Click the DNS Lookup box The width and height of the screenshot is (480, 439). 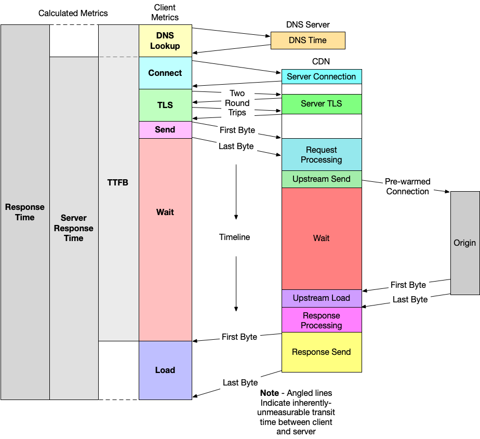click(165, 41)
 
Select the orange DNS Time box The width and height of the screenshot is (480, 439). click(308, 40)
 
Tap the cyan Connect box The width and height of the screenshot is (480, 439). click(165, 73)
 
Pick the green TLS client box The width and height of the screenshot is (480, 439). click(165, 105)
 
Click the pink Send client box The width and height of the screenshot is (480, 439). click(165, 129)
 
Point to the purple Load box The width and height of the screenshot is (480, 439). click(165, 370)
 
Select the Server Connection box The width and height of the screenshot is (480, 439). click(322, 76)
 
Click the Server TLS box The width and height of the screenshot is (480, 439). click(322, 103)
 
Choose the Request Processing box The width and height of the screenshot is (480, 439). click(322, 154)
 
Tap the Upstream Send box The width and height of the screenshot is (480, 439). click(322, 179)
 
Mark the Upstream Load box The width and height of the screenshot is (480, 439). click(322, 298)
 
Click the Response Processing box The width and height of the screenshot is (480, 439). click(322, 320)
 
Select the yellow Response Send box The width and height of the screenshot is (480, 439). click(322, 352)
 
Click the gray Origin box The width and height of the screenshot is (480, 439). click(464, 243)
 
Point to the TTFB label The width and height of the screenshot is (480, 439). click(118, 183)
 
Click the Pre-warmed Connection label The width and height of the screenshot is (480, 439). click(407, 187)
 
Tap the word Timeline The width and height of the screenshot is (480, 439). click(234, 237)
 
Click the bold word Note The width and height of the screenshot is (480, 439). click(269, 393)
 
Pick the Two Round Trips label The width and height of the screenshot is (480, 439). click(237, 103)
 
